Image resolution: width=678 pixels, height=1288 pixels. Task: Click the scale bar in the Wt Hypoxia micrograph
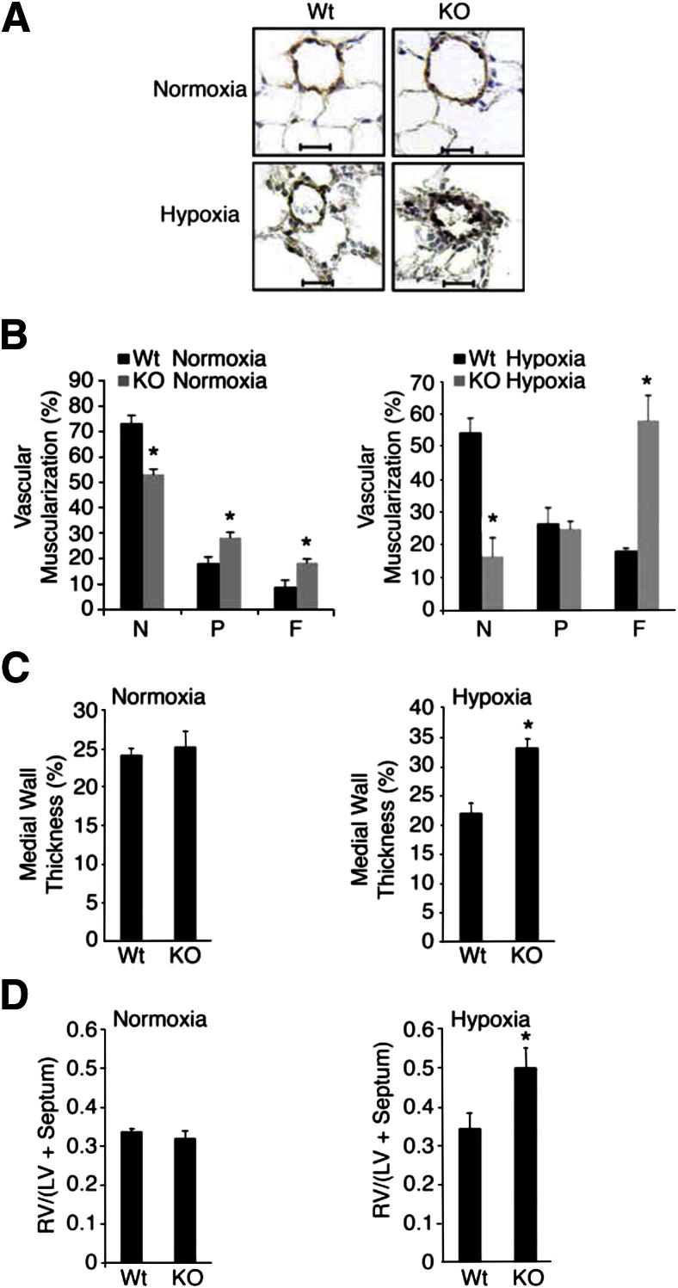point(317,280)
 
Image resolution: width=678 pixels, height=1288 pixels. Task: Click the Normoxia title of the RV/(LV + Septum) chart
point(161,1020)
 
